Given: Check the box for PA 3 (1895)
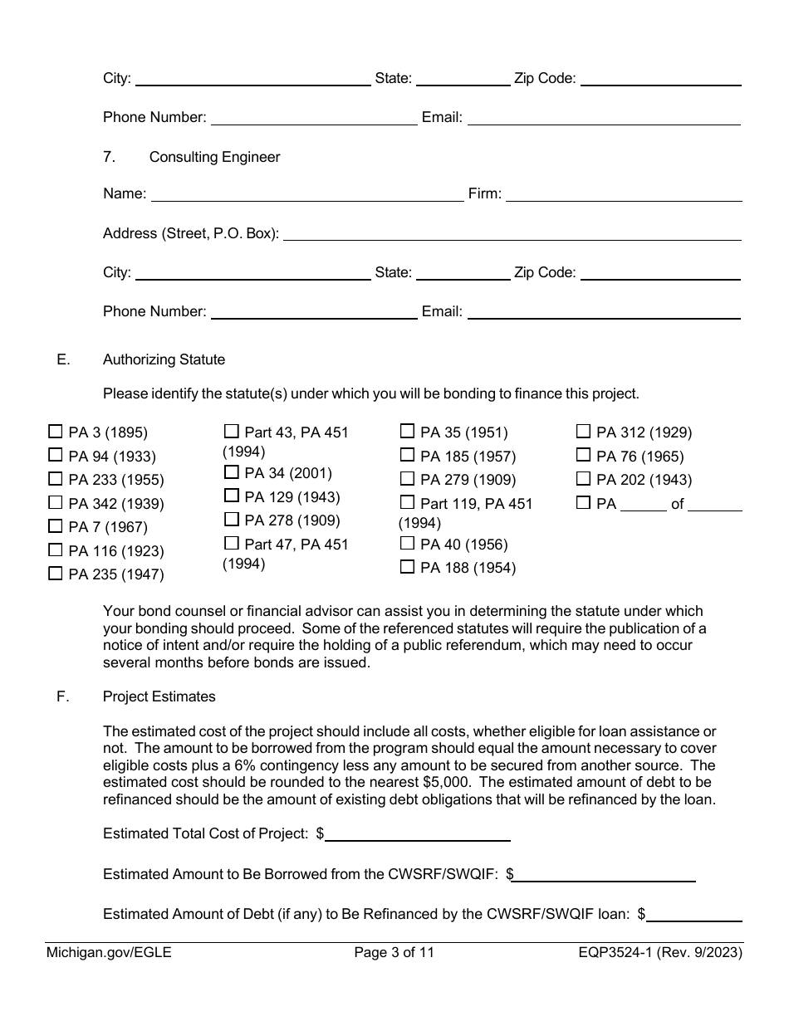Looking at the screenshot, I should [x=56, y=432].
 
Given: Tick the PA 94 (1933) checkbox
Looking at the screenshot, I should [x=56, y=455].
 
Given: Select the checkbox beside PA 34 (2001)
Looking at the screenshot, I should [x=232, y=472].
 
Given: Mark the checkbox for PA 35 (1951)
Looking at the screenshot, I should [x=407, y=431].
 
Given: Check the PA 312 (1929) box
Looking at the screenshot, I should [x=583, y=431].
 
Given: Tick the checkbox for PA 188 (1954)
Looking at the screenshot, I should [x=407, y=567].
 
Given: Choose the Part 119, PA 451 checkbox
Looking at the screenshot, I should [x=407, y=502].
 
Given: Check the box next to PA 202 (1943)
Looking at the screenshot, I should [x=583, y=479].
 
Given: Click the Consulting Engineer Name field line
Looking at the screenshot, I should [x=306, y=194].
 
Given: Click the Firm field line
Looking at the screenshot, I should [x=623, y=194].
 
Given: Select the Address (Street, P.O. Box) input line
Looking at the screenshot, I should [x=512, y=233].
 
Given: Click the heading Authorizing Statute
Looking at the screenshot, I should [x=164, y=359].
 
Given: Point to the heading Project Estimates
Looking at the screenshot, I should [x=159, y=696].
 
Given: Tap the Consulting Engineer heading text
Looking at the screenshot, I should [x=214, y=157].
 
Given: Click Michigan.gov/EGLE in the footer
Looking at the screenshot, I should [x=109, y=953].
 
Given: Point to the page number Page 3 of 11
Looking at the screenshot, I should [x=394, y=953].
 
